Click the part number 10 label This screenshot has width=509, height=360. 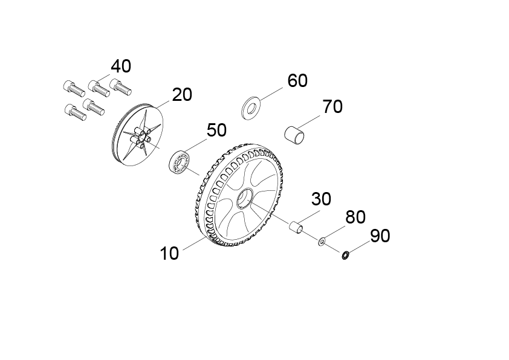(x=169, y=253)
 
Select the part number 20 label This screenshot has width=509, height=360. (x=182, y=95)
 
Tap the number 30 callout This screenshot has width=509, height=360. (x=321, y=199)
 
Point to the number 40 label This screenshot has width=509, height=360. (x=121, y=66)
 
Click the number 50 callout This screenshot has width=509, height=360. (x=216, y=130)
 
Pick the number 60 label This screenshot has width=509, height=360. (x=297, y=80)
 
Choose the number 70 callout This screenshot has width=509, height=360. (x=332, y=107)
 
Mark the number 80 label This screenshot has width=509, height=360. (x=355, y=217)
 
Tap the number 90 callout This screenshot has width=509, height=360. (x=380, y=236)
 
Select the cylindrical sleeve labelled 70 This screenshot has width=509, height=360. (x=295, y=135)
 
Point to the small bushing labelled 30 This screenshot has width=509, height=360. (x=297, y=227)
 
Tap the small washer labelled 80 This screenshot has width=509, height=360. (x=322, y=242)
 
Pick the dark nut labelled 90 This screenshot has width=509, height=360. (x=345, y=256)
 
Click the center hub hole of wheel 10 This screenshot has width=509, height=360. (x=245, y=199)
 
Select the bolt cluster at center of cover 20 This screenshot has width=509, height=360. (x=140, y=138)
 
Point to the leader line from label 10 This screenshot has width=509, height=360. (x=195, y=244)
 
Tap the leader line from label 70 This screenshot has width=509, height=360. (x=310, y=121)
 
